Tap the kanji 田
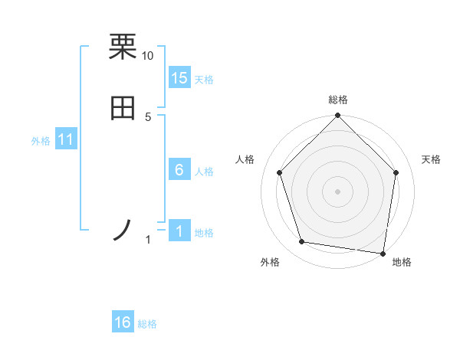point(123,109)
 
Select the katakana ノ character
point(123,230)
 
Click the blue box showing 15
point(179,78)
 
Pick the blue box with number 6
point(179,170)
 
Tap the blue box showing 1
point(179,231)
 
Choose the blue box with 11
point(66,139)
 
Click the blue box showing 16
point(123,322)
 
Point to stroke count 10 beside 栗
point(147,56)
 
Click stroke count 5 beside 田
point(148,117)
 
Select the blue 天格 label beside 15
point(204,80)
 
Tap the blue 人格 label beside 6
point(204,172)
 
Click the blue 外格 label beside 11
point(41,141)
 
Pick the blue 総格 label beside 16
point(147,324)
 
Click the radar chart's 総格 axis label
point(337,100)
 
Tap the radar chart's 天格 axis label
point(431,159)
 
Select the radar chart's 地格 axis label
point(402,262)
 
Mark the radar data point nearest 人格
point(280,172)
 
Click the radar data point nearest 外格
point(302,242)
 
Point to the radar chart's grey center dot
point(337,191)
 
